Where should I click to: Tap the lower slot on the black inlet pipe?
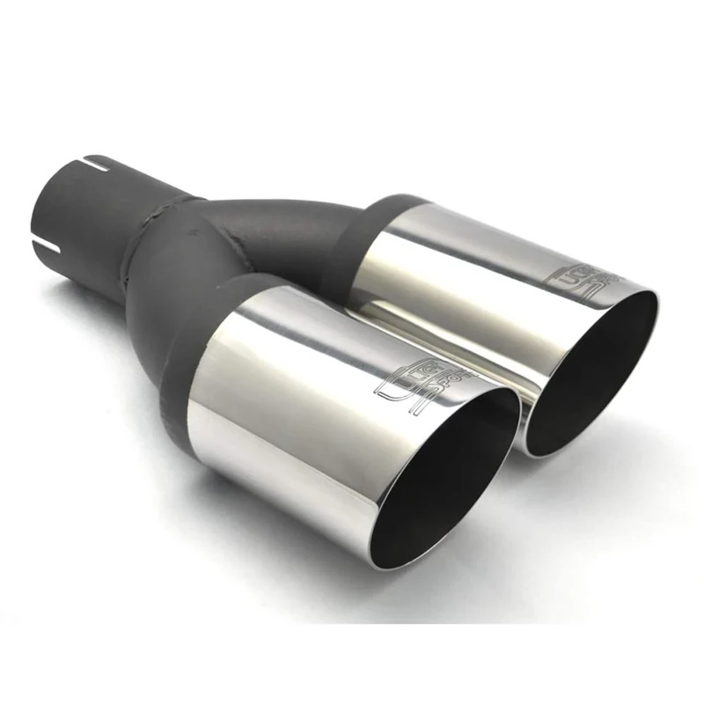tap(46, 238)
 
